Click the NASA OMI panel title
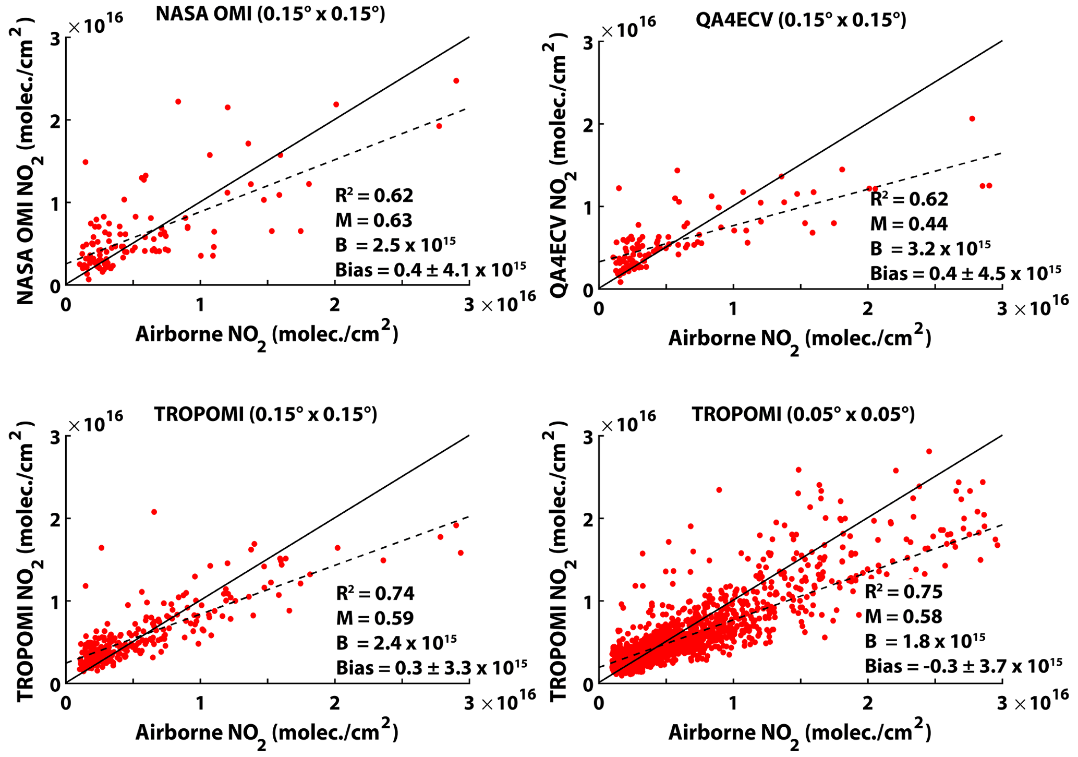(270, 14)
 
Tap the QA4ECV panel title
(801, 20)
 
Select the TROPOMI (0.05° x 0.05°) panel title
(803, 414)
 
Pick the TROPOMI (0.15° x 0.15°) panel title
(265, 414)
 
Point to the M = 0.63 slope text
(373, 220)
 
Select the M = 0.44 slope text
(909, 224)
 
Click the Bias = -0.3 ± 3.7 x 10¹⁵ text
(963, 666)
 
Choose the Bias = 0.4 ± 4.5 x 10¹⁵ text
(965, 273)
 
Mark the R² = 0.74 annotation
(375, 593)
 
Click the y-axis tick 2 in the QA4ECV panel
(588, 124)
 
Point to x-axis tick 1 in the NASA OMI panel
(200, 305)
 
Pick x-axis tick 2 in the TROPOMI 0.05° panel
(867, 703)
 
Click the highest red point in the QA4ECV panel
(972, 119)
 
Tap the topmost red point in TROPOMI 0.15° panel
(154, 512)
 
